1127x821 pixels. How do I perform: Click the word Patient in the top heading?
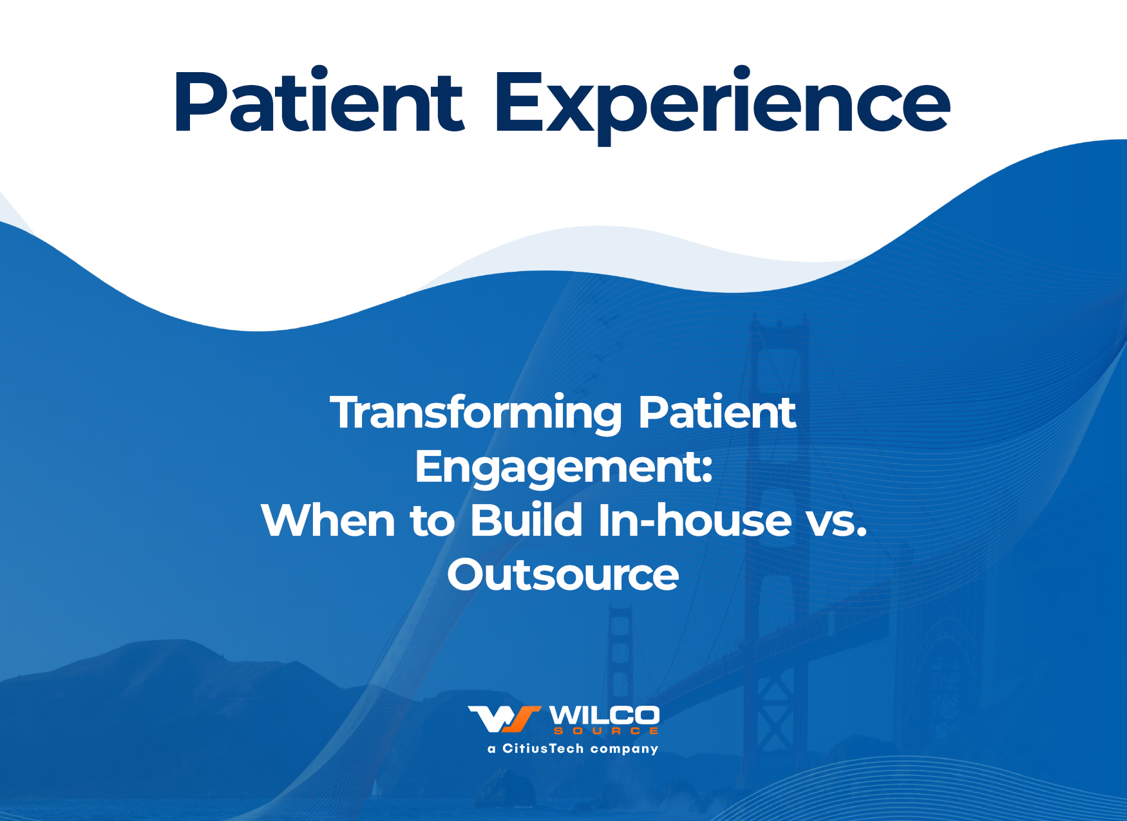[x=319, y=102]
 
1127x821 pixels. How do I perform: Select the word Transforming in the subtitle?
[x=477, y=414]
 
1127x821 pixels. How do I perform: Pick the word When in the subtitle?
[x=328, y=520]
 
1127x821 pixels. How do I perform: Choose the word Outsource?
[x=563, y=574]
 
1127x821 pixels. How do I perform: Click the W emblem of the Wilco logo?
[x=504, y=719]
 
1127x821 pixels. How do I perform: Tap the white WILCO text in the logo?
[x=604, y=715]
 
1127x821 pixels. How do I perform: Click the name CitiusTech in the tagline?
[x=543, y=748]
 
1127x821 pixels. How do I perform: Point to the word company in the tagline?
[x=625, y=750]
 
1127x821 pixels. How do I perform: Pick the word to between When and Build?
[x=433, y=522]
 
